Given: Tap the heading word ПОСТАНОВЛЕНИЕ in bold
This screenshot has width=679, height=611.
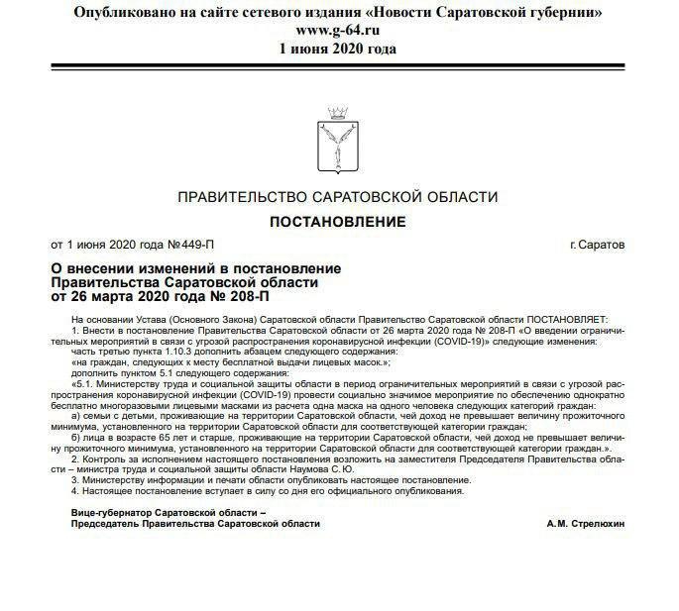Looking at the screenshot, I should pyautogui.click(x=338, y=221).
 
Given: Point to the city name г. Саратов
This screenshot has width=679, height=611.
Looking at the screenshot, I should pyautogui.click(x=599, y=244).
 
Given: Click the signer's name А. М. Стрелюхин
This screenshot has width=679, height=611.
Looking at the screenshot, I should pyautogui.click(x=585, y=523).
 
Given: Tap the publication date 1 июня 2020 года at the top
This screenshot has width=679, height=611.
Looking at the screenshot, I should pyautogui.click(x=338, y=48).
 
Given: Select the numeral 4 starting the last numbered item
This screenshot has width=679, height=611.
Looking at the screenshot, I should pyautogui.click(x=74, y=490).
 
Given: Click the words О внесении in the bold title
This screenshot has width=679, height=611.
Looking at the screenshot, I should pyautogui.click(x=90, y=269).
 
